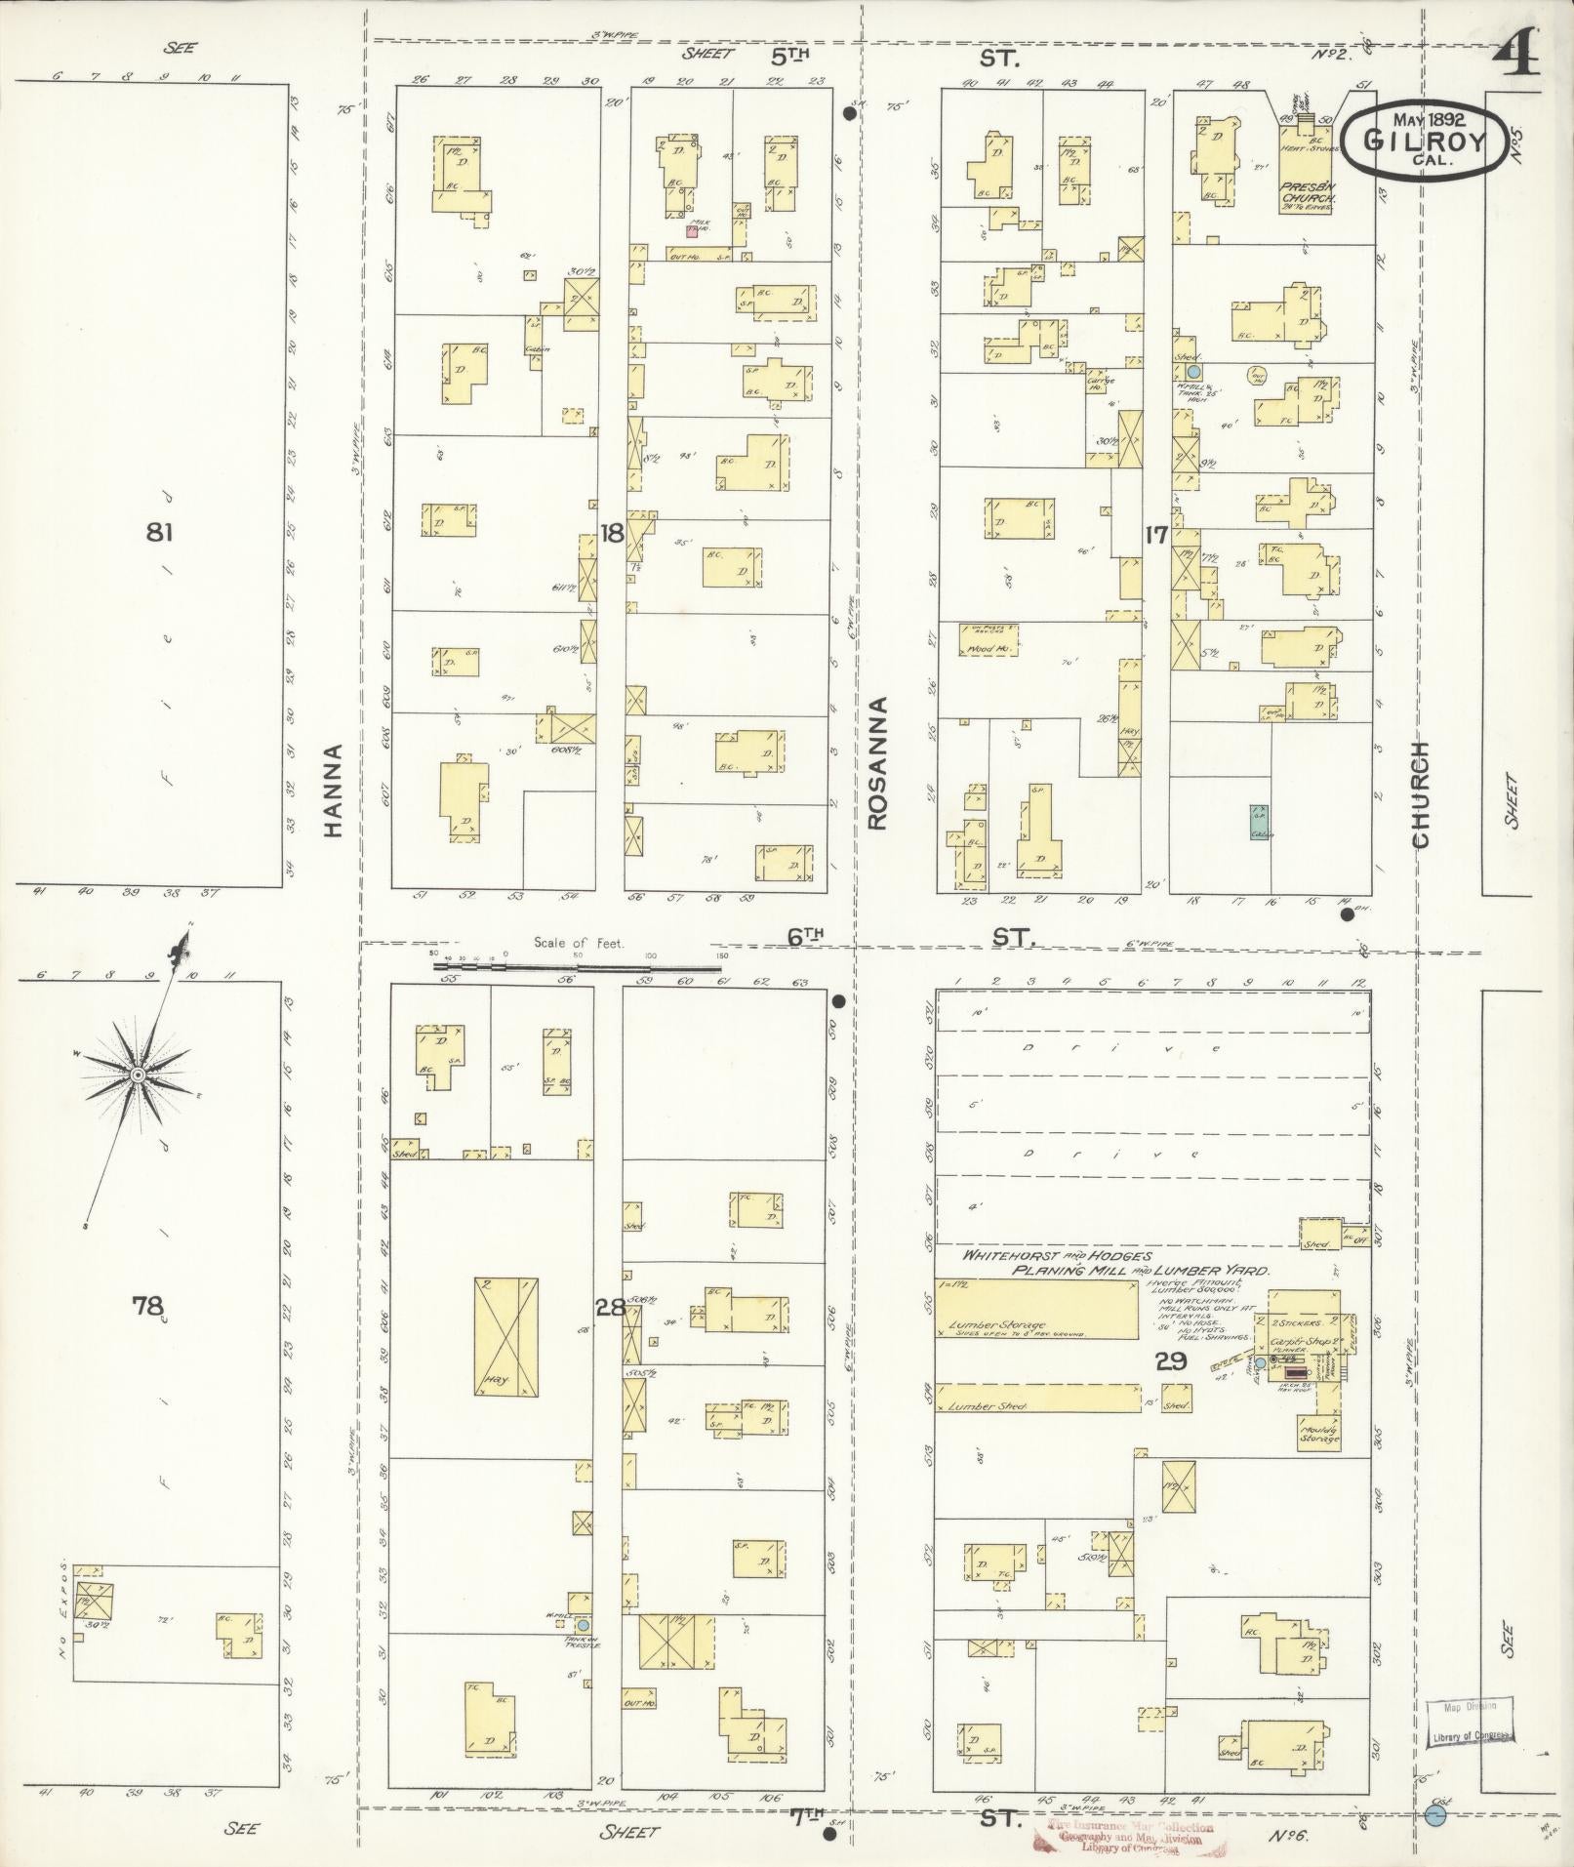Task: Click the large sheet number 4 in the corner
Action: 1516,55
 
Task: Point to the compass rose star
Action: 138,1075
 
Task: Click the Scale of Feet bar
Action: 582,965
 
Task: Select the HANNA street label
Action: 334,791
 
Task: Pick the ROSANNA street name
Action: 875,763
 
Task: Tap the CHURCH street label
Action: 1419,794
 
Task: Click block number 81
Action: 160,533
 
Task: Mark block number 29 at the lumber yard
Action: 1171,1362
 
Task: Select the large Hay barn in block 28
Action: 505,1336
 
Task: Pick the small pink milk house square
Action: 692,232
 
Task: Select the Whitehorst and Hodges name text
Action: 1043,1256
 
